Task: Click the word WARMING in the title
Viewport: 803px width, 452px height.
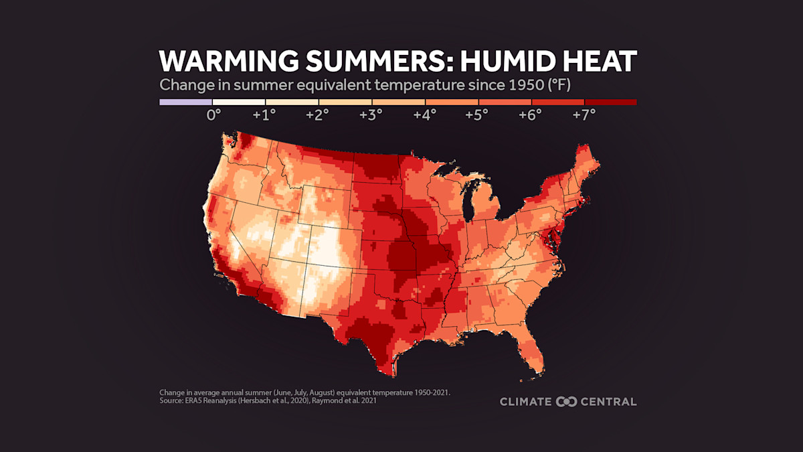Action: [221, 62]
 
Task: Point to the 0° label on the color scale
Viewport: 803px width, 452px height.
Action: [213, 115]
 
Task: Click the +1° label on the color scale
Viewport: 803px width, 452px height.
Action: [264, 115]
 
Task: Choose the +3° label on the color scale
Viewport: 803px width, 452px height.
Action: [371, 115]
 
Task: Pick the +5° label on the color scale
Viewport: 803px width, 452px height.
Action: [476, 115]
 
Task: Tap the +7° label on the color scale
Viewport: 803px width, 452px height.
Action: [583, 115]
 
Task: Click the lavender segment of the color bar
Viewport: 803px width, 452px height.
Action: [185, 102]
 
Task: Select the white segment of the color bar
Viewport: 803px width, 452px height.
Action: [238, 102]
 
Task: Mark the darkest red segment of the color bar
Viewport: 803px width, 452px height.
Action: [610, 102]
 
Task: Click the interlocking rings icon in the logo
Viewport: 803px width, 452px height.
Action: [566, 402]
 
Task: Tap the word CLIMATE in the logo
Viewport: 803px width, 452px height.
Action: [527, 402]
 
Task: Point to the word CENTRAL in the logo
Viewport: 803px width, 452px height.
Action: [608, 402]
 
